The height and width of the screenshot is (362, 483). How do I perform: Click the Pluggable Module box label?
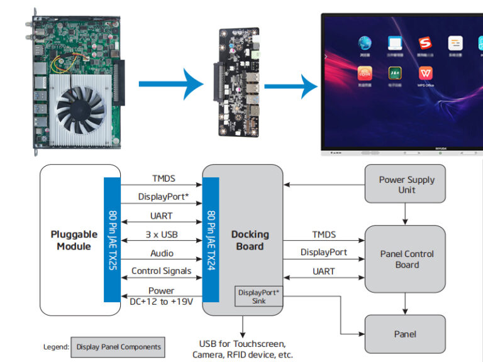click(74, 240)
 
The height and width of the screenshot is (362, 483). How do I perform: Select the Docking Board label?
click(250, 240)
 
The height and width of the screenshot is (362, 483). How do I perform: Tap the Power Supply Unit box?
click(406, 184)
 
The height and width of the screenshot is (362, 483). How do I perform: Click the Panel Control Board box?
click(406, 259)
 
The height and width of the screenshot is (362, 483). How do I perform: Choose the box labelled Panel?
click(405, 334)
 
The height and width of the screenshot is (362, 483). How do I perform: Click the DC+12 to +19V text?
click(161, 301)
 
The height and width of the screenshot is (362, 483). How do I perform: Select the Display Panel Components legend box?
click(118, 346)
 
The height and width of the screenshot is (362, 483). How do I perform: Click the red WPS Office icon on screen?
click(426, 74)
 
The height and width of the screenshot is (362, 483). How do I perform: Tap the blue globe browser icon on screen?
click(365, 43)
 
